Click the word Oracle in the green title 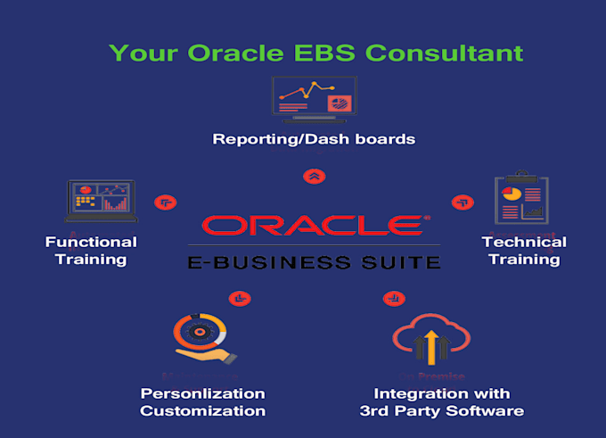point(226,53)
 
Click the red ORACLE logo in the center point(314,225)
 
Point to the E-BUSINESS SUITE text point(314,262)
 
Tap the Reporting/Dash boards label point(315,139)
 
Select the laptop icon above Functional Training point(102,201)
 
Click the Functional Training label point(91,251)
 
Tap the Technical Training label point(524,251)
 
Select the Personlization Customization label point(202,402)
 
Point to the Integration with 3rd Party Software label point(441,402)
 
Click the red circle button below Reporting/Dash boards point(314,176)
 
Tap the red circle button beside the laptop point(165,203)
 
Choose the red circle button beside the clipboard point(462,203)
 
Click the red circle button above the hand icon point(240,298)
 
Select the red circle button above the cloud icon point(390,298)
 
